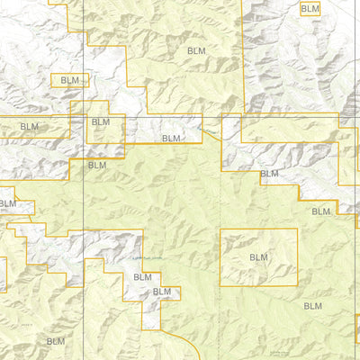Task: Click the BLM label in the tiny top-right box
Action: [310, 8]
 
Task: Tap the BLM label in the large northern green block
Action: [197, 51]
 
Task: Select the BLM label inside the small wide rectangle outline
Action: [70, 80]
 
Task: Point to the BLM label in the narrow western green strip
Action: [30, 128]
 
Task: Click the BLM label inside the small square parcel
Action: [101, 122]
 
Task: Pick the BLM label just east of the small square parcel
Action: [171, 139]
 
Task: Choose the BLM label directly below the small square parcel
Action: [97, 166]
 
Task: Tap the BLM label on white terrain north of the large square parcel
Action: [269, 174]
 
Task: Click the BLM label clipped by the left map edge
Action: [7, 203]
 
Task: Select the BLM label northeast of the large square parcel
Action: [321, 211]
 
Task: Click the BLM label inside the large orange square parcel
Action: [259, 257]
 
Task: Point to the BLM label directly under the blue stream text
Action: [142, 277]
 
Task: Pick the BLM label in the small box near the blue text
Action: [162, 292]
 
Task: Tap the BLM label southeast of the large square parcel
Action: [312, 307]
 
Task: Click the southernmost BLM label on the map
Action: [56, 341]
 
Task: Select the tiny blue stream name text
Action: [144, 260]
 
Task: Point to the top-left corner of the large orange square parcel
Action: [220, 229]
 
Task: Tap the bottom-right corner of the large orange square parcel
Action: [297, 286]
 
